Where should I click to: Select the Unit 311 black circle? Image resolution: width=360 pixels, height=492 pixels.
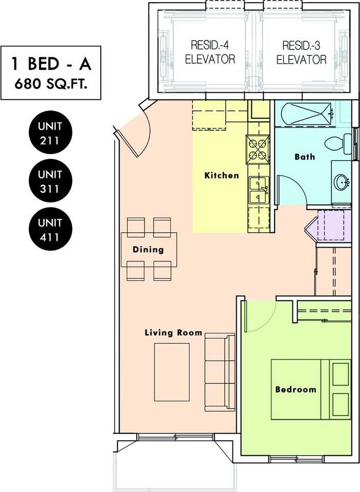[50, 180]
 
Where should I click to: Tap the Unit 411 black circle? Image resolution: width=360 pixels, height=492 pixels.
[50, 229]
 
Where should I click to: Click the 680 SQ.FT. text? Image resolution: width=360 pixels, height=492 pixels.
[51, 84]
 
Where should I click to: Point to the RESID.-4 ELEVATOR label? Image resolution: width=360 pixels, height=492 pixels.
[210, 52]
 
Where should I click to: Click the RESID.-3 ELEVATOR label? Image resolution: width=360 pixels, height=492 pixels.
[301, 52]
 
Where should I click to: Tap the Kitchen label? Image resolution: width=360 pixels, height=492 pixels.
[222, 175]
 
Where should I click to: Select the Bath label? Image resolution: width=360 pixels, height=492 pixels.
[305, 157]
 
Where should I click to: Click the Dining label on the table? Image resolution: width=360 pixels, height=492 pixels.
[148, 250]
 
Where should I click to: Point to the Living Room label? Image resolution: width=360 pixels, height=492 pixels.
[174, 333]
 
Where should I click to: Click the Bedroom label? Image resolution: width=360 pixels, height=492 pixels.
[295, 389]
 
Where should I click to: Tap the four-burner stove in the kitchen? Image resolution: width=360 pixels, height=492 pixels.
[258, 149]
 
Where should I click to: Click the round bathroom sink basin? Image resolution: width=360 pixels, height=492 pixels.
[342, 181]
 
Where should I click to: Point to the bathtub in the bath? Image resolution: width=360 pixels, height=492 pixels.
[306, 114]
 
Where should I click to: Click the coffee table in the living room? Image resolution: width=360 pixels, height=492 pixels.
[172, 372]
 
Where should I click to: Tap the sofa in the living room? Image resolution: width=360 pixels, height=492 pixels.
[220, 372]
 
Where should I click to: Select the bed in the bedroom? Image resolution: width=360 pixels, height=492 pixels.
[311, 389]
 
